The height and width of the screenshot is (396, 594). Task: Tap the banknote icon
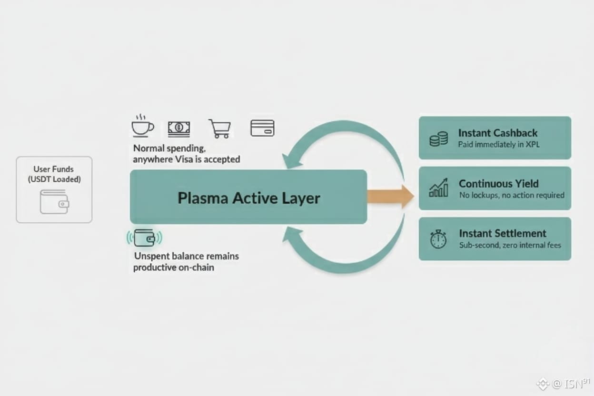click(x=178, y=128)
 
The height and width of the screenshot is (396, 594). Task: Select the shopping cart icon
click(x=220, y=129)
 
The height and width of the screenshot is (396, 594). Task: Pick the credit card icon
click(x=262, y=128)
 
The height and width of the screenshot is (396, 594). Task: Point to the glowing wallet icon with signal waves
click(x=144, y=238)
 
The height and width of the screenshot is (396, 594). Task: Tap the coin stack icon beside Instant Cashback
click(x=438, y=139)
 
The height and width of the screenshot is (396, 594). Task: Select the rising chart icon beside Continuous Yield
click(x=438, y=188)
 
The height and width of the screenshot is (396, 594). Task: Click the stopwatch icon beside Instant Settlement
click(x=438, y=239)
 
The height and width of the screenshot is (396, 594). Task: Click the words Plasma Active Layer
click(x=248, y=198)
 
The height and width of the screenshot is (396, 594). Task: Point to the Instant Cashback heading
click(x=497, y=133)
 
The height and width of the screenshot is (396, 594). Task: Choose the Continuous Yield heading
click(x=498, y=183)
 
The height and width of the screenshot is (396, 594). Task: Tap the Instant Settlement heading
click(x=502, y=233)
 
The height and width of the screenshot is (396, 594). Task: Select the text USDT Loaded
click(x=54, y=179)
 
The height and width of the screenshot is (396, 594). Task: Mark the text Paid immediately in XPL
click(x=499, y=144)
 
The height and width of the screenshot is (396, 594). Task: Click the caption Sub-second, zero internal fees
click(x=510, y=245)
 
